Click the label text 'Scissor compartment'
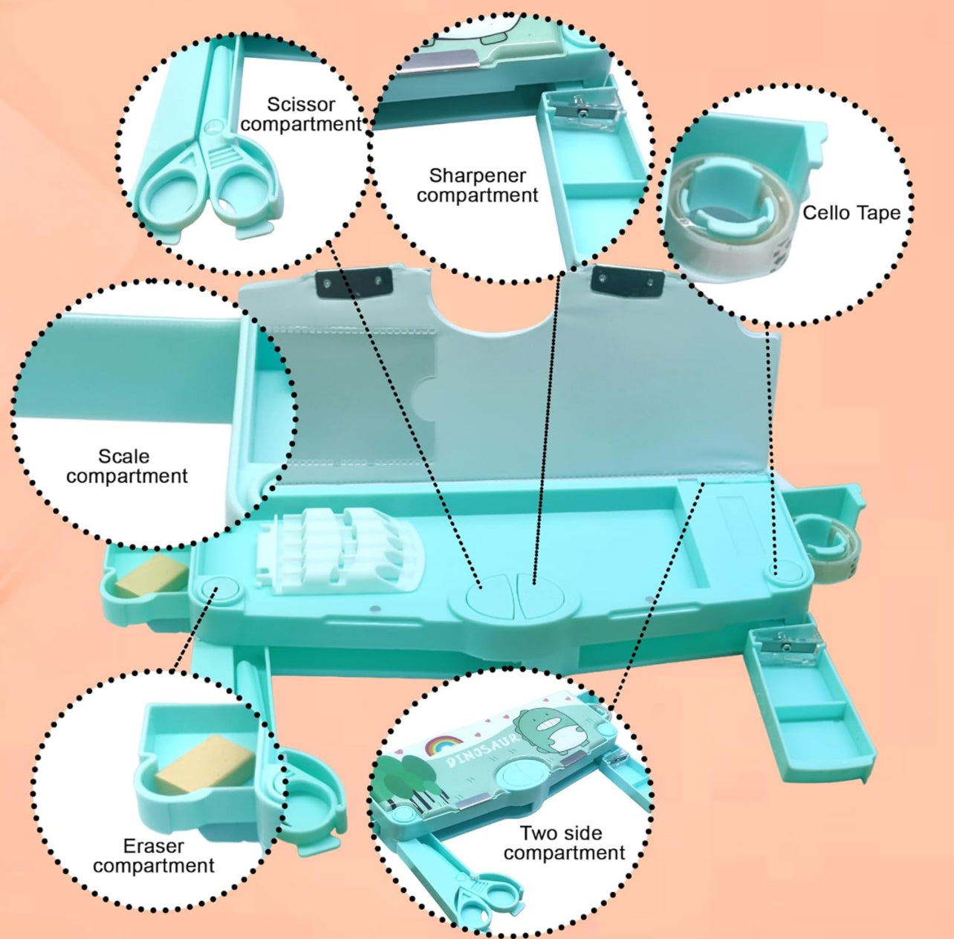(301, 114)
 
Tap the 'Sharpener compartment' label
(477, 186)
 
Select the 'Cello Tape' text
(851, 213)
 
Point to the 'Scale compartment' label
(127, 467)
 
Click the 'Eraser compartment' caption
(154, 856)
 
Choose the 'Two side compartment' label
(564, 843)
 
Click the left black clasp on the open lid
(354, 282)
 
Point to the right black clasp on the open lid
(628, 279)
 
